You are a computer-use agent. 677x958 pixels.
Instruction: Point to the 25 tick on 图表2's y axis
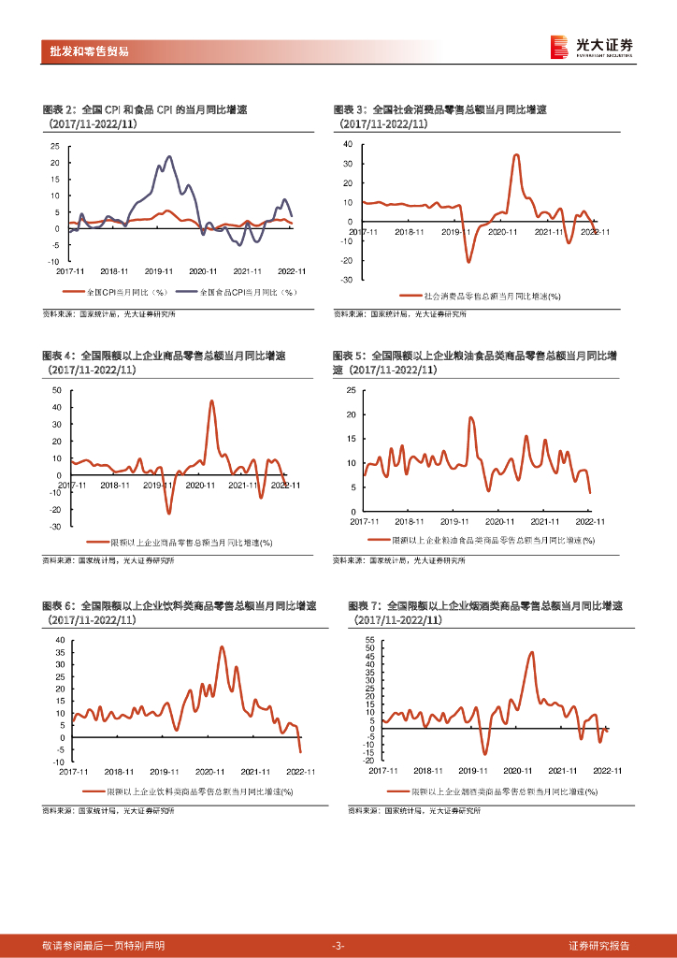54,146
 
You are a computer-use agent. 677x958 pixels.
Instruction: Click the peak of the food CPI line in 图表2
169,157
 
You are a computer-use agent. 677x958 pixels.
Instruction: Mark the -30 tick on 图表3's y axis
346,280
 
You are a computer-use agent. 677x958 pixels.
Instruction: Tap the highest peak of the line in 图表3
517,155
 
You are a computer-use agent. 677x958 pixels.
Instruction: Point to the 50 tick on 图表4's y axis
56,389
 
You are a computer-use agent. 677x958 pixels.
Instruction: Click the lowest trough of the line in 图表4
169,513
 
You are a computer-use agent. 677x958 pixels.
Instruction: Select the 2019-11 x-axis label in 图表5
454,521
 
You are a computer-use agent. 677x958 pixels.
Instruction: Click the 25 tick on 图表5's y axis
351,388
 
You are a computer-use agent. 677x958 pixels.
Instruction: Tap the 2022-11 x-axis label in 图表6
301,771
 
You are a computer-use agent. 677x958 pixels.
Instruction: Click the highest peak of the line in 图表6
223,646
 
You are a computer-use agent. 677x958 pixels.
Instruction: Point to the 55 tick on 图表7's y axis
370,639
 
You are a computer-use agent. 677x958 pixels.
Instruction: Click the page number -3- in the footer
338,946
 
